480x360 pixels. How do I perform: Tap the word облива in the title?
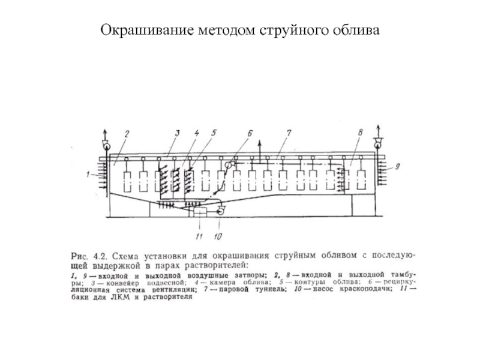tap(356, 29)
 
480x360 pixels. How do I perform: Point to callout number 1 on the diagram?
tap(88, 175)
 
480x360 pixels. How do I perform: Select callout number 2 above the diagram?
tap(127, 134)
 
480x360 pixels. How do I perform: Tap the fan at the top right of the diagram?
tap(378, 142)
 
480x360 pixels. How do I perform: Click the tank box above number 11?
tap(196, 212)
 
